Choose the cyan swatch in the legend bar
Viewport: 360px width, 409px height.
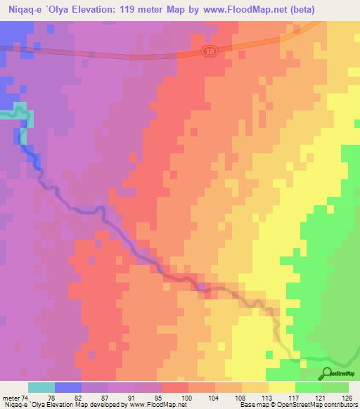pyautogui.click(x=41, y=387)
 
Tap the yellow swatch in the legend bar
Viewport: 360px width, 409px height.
pyautogui.click(x=282, y=387)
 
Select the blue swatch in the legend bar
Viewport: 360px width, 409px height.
pyautogui.click(x=68, y=387)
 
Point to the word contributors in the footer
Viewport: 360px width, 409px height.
pyautogui.click(x=340, y=405)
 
